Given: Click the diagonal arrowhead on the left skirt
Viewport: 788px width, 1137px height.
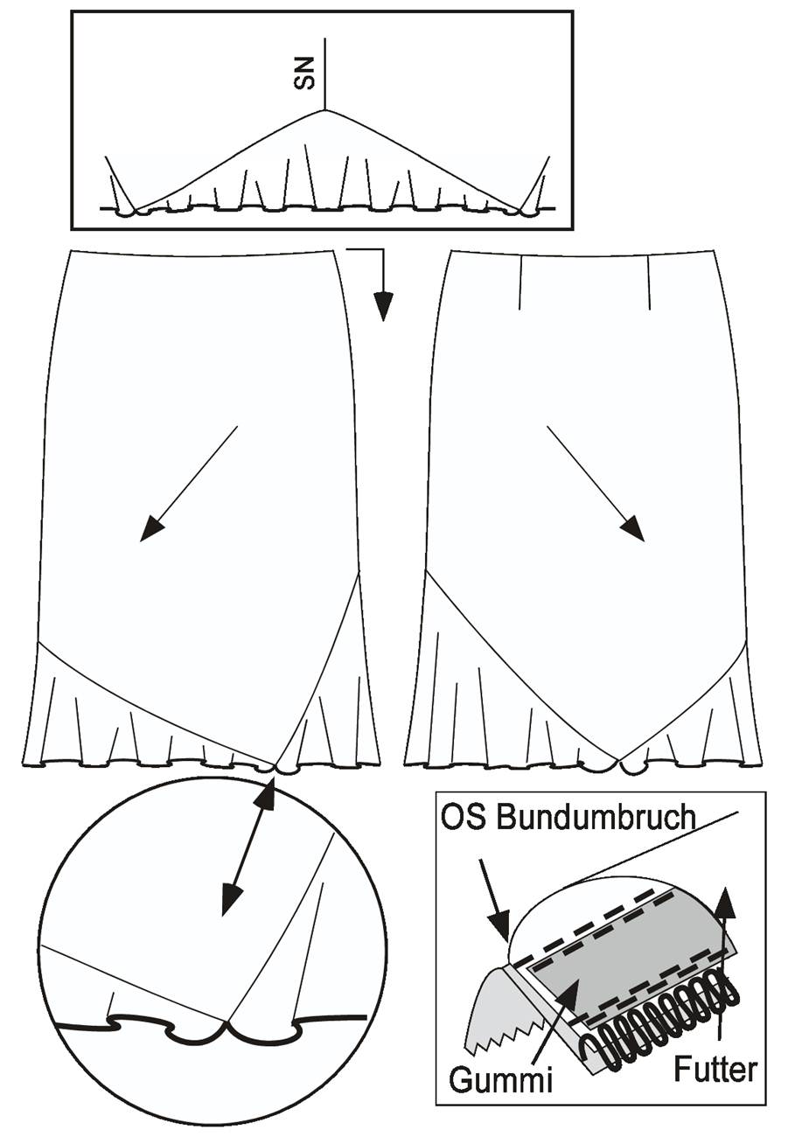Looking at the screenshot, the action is click(152, 529).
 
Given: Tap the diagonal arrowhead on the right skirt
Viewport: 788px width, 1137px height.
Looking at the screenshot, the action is click(631, 529).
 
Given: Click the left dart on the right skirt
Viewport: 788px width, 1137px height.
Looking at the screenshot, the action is click(520, 282).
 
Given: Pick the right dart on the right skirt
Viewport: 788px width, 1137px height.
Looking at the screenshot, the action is click(650, 283).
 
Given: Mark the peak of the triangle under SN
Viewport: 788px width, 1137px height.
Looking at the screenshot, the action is click(325, 109).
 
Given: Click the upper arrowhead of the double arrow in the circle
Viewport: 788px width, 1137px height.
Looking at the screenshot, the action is click(266, 796).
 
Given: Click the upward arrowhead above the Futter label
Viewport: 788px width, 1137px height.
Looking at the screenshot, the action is click(727, 903).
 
